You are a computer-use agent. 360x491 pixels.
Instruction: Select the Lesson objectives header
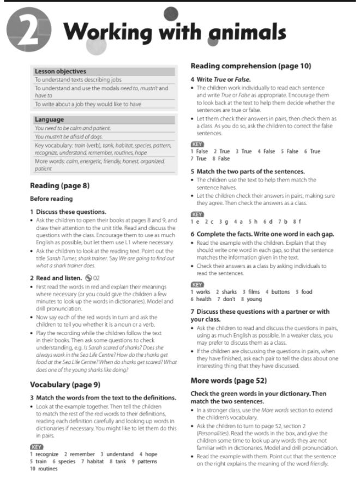(61, 71)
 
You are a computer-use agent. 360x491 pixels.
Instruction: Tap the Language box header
(49, 119)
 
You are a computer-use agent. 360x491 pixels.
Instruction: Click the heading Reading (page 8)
(59, 185)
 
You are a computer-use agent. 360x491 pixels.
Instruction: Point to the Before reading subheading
(51, 199)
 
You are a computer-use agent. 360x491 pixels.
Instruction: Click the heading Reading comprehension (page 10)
(250, 66)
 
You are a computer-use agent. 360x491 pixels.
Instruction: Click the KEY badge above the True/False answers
(197, 144)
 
